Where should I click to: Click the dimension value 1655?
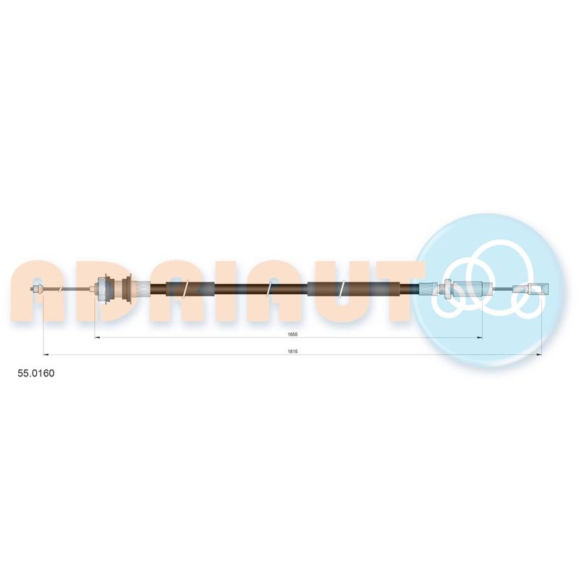(292, 334)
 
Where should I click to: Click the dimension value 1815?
(292, 352)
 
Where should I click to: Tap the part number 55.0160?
(35, 373)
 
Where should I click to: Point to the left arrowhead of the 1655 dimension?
(98, 337)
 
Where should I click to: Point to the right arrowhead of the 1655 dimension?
(480, 337)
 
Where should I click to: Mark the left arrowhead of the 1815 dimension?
(46, 355)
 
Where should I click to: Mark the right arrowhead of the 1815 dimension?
(538, 355)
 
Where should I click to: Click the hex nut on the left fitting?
(100, 288)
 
